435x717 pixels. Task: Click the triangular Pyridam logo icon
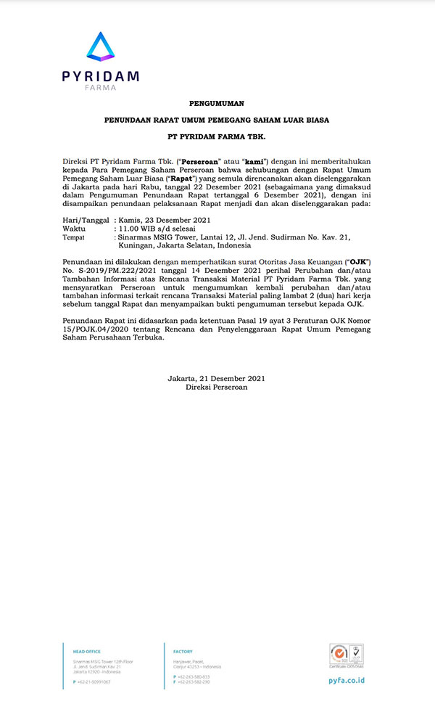(x=100, y=46)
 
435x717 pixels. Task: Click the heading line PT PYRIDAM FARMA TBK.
(x=216, y=136)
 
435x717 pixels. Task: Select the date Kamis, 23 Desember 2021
(x=163, y=219)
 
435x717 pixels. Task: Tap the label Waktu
(x=75, y=228)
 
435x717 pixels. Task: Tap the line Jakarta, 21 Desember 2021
(x=216, y=379)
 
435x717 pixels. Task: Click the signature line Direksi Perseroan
(x=216, y=388)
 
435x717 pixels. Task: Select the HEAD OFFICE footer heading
(x=82, y=652)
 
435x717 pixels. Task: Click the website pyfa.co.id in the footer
(x=347, y=681)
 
